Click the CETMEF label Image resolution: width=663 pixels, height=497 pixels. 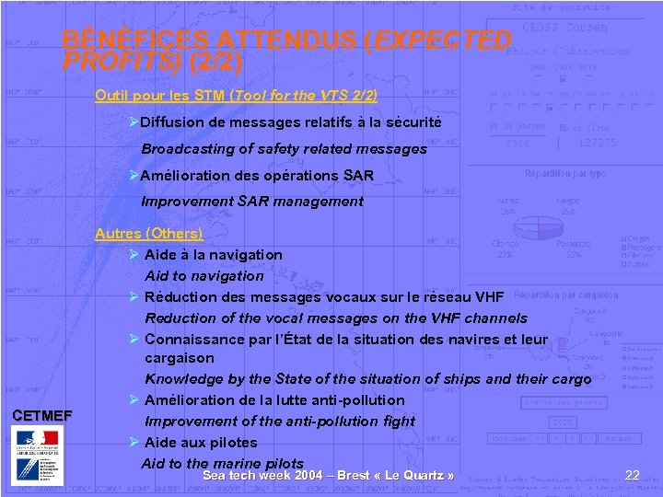pyautogui.click(x=41, y=416)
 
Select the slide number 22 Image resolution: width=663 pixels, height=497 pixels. pyautogui.click(x=632, y=475)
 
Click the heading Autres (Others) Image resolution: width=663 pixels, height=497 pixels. pyautogui.click(x=149, y=234)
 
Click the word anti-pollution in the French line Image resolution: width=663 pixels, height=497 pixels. pyautogui.click(x=358, y=399)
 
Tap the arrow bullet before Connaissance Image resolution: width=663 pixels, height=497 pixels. pyautogui.click(x=134, y=339)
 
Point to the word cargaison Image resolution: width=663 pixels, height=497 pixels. pyautogui.click(x=179, y=357)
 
